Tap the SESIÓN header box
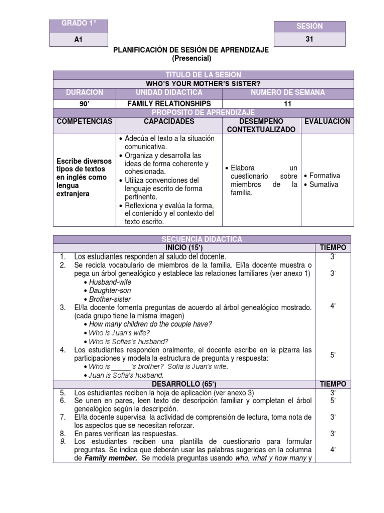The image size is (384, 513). pos(310,26)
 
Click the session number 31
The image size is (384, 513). pos(310,43)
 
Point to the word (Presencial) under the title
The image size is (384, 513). pos(192,58)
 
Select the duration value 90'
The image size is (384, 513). pos(84,104)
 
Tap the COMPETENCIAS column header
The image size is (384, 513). pos(84,122)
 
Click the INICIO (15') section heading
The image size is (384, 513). pos(183,248)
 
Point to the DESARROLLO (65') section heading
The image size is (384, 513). pos(183,384)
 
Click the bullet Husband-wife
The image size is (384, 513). pos(110,282)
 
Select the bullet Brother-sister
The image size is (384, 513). pos(110,299)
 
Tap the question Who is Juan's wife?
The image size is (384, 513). pos(119,333)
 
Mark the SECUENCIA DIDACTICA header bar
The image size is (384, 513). pos(202,239)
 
